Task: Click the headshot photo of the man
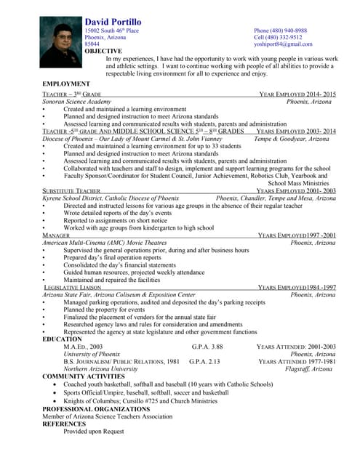click(x=62, y=42)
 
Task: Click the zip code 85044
click(x=92, y=44)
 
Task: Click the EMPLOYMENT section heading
click(x=66, y=84)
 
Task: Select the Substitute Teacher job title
click(x=71, y=190)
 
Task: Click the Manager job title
click(x=56, y=235)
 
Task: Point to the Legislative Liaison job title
click(x=72, y=288)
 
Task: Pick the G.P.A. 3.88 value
click(x=207, y=347)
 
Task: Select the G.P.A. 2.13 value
click(x=204, y=361)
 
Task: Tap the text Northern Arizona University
click(x=101, y=368)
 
